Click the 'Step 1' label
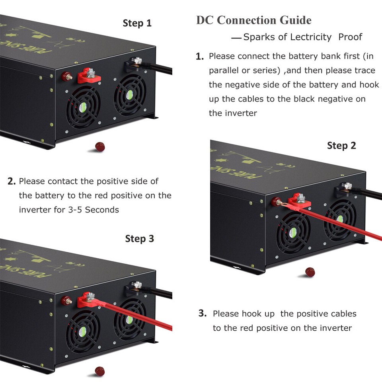(x=137, y=23)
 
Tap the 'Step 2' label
(x=341, y=146)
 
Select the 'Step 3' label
(x=139, y=239)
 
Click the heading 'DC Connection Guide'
(x=253, y=20)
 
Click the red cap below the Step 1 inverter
(x=100, y=147)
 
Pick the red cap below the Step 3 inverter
(x=100, y=371)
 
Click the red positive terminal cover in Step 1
(x=88, y=76)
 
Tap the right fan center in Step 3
(x=129, y=320)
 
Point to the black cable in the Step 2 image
(x=368, y=195)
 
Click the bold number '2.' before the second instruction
(x=12, y=182)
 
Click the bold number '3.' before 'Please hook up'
(x=203, y=314)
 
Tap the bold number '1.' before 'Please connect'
(x=200, y=57)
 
